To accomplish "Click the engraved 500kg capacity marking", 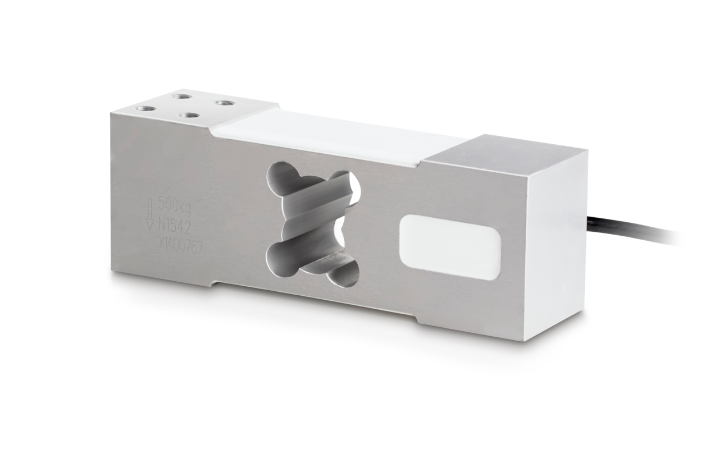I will pos(175,203).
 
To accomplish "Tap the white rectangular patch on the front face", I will pos(449,248).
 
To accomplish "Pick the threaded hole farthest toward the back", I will pos(181,95).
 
